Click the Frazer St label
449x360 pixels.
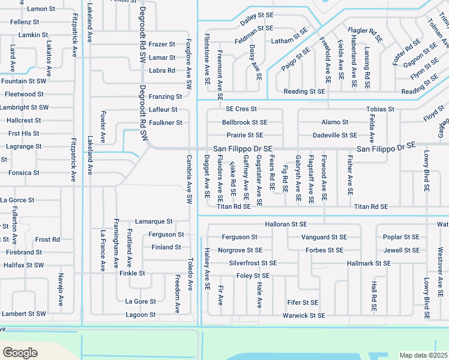pos(161,44)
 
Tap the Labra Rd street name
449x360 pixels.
pos(161,70)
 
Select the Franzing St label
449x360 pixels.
pos(165,97)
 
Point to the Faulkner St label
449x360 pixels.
pos(165,122)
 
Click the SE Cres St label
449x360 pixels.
pos(241,109)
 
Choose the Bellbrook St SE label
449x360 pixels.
pos(244,122)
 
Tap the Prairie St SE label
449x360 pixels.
pos(244,136)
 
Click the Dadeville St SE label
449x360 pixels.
pos(334,136)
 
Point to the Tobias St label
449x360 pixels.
pos(380,109)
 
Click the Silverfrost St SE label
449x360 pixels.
pos(253,263)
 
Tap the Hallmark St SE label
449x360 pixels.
pos(369,263)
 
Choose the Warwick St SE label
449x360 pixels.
pos(304,315)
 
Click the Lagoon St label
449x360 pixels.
pos(140,314)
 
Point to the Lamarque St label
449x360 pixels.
pos(154,221)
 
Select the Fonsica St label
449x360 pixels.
pos(19,173)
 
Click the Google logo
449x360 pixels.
pos(20,352)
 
